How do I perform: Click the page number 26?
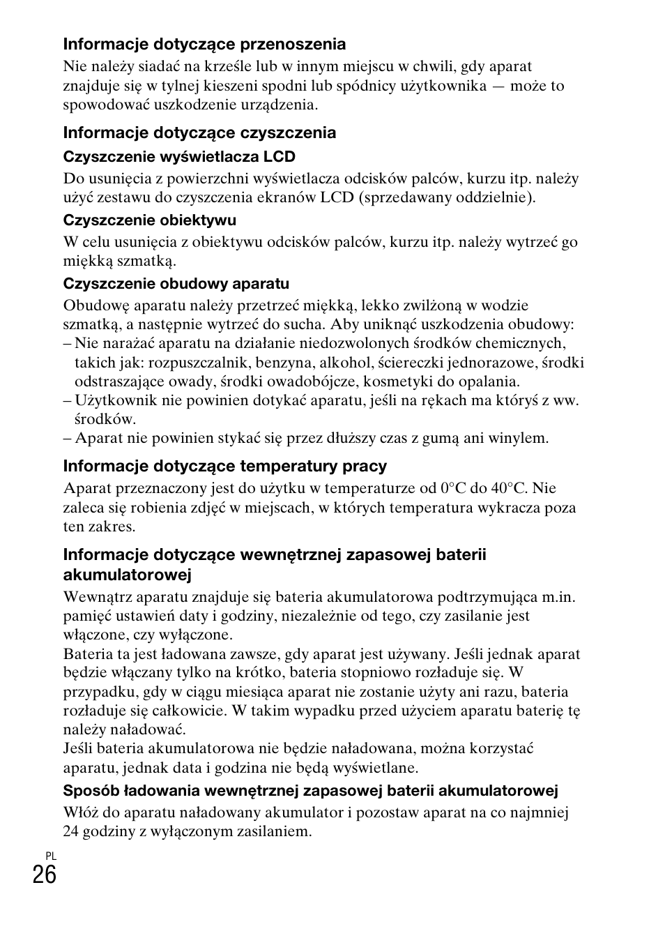coord(44,874)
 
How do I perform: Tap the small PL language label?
coord(51,856)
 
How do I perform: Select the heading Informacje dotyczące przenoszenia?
coord(204,45)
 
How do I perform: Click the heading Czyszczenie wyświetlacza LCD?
coord(179,156)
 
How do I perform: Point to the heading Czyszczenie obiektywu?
coord(149,220)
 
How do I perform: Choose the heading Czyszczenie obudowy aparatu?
coord(176,284)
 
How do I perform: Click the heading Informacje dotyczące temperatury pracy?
coord(224,466)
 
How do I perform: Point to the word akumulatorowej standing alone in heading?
coord(127,575)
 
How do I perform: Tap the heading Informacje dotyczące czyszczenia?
coord(199,133)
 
